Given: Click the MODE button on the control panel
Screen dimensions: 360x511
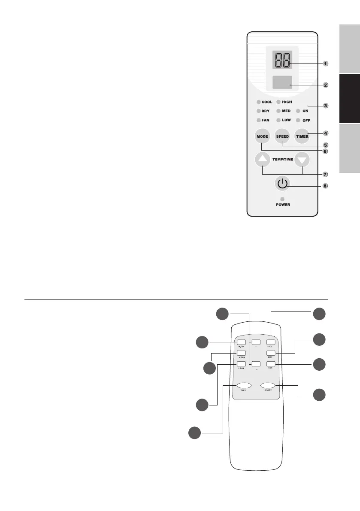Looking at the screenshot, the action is tap(262, 136).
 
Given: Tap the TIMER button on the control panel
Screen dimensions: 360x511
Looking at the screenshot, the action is tap(302, 136).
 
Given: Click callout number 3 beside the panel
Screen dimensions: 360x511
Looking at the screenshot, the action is tap(326, 105).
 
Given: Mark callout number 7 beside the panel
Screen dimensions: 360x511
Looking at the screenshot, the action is tap(326, 175).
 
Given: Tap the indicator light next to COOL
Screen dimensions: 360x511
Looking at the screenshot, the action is tap(258, 102).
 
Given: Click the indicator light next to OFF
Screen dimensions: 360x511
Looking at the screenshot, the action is tap(299, 120).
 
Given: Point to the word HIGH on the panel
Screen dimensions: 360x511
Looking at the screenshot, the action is tap(287, 102).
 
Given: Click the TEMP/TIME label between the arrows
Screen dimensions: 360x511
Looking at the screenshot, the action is tap(282, 160).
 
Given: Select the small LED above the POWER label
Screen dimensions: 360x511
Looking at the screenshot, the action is tap(282, 199).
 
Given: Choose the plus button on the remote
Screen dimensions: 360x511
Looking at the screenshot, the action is tap(256, 342).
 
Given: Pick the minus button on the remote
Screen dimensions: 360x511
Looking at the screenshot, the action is tap(256, 364).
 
